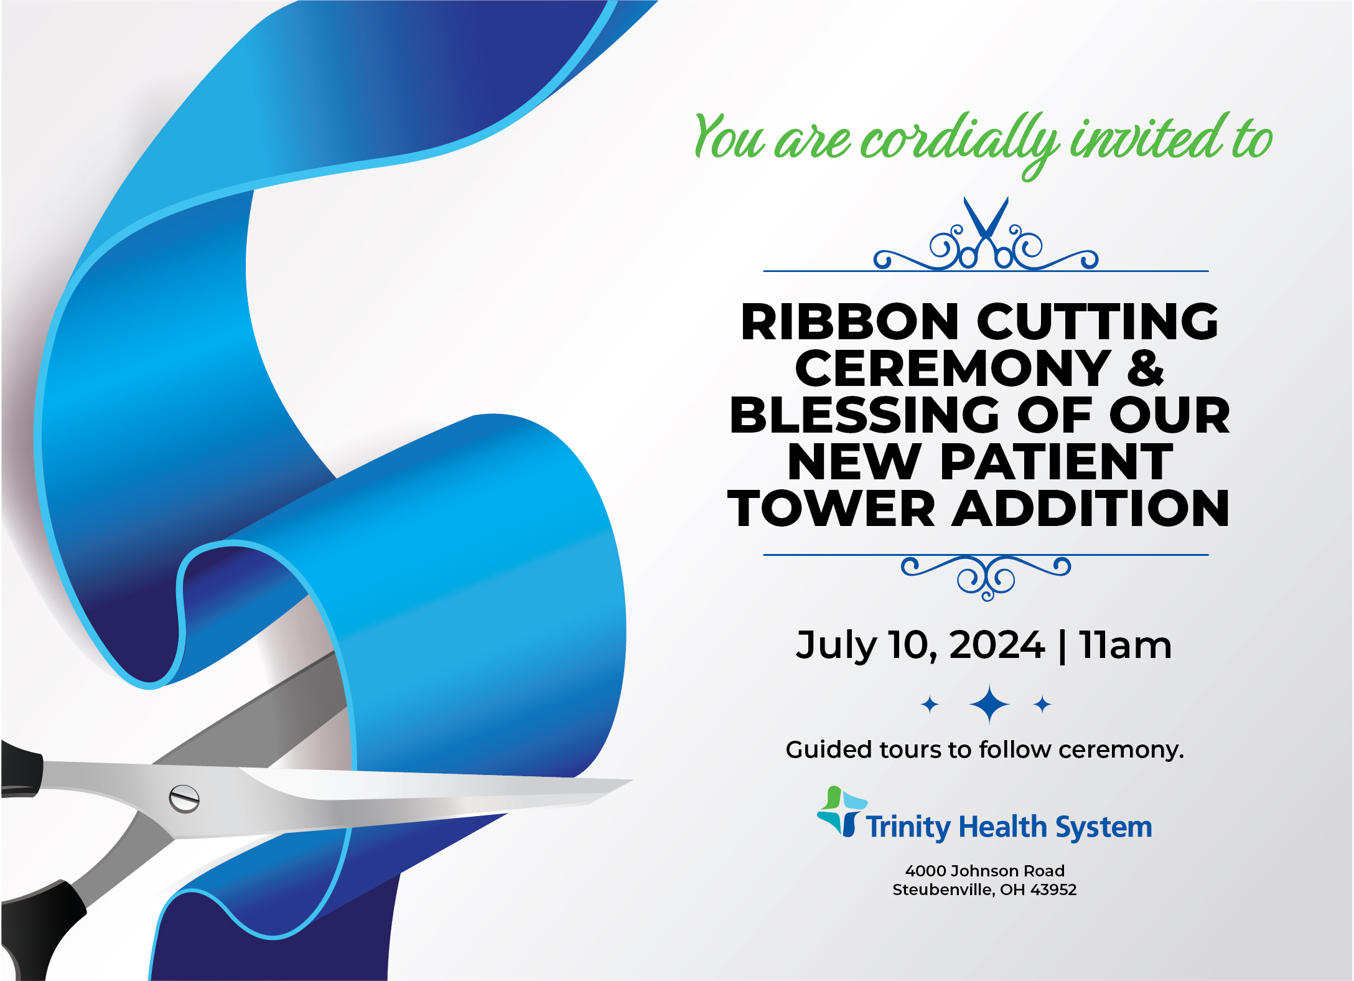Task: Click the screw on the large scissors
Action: click(x=184, y=799)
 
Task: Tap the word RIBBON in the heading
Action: click(x=849, y=322)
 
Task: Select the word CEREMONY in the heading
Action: click(x=953, y=368)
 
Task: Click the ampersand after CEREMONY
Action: click(x=1145, y=368)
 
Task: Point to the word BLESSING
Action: click(x=864, y=415)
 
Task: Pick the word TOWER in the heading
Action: click(x=831, y=509)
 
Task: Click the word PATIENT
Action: click(x=1057, y=462)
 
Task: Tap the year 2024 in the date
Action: click(x=997, y=645)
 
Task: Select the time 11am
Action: click(x=1126, y=645)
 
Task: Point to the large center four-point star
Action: click(x=989, y=704)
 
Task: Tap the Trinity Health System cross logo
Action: click(x=842, y=811)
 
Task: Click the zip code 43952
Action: click(x=1053, y=889)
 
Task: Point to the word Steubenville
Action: click(x=942, y=890)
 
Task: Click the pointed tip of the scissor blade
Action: click(x=633, y=780)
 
